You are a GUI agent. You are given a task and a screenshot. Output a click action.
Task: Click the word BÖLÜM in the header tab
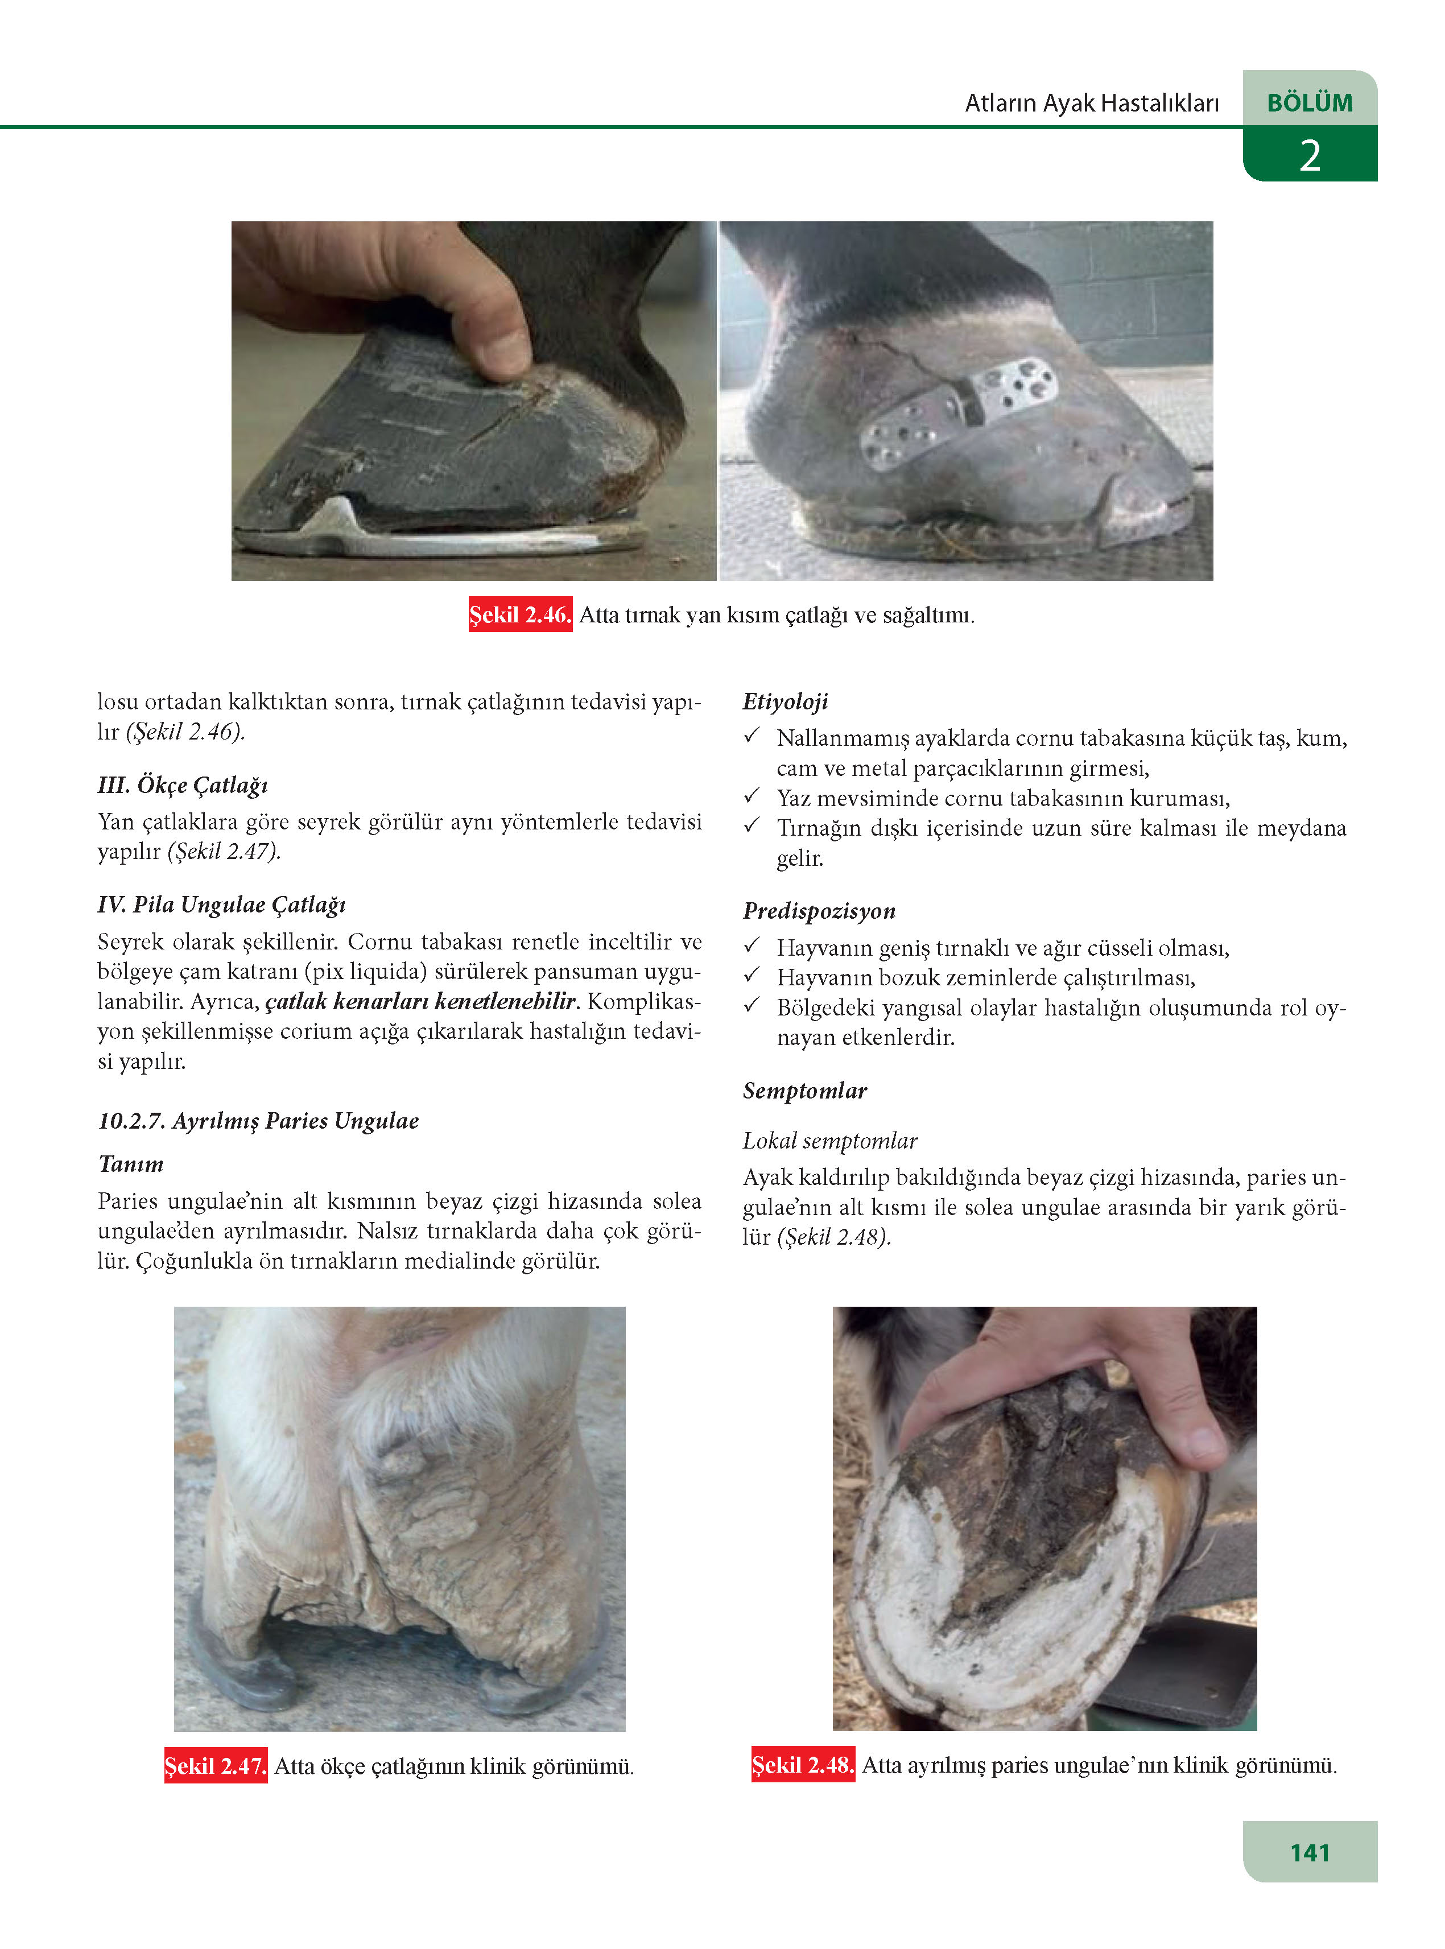(x=1310, y=102)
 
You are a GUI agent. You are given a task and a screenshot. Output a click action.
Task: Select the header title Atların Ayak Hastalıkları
(x=1092, y=103)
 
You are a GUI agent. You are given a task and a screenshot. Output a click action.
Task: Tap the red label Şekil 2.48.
(x=803, y=1765)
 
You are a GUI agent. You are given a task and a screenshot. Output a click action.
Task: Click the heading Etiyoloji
(x=785, y=701)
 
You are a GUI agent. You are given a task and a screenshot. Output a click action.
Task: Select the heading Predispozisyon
(x=819, y=911)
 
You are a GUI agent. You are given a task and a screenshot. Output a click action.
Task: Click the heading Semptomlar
(x=805, y=1091)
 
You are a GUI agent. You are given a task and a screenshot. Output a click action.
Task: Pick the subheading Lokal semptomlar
(x=830, y=1141)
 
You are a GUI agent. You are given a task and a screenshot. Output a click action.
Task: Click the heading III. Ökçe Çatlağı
(x=183, y=784)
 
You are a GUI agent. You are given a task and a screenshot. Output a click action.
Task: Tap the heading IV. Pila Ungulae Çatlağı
(x=222, y=905)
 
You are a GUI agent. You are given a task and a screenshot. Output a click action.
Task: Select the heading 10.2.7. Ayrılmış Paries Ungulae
(x=259, y=1121)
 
